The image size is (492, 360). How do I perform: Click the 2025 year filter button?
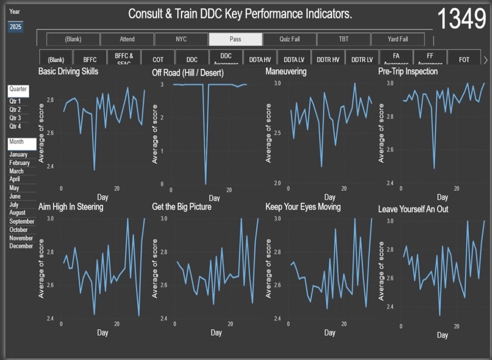click(15, 26)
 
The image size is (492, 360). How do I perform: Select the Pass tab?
click(235, 39)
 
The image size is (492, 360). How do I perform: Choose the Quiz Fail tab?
click(290, 39)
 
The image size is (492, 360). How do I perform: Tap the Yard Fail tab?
click(397, 39)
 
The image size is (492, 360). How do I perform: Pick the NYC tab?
click(181, 39)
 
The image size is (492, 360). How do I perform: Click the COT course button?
click(158, 60)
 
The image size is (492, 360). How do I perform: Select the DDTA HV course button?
click(260, 60)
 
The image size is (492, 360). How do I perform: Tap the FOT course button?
click(464, 60)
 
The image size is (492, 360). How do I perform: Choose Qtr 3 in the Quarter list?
click(15, 118)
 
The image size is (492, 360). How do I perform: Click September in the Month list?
click(22, 221)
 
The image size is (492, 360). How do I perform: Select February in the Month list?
click(20, 163)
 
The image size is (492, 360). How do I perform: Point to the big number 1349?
click(461, 20)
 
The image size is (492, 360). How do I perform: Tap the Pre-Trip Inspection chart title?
click(408, 71)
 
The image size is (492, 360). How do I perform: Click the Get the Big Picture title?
click(182, 206)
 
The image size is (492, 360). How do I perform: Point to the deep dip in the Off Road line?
click(205, 182)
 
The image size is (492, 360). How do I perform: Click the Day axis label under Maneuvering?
click(329, 197)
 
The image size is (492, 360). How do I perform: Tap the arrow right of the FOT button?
click(486, 60)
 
